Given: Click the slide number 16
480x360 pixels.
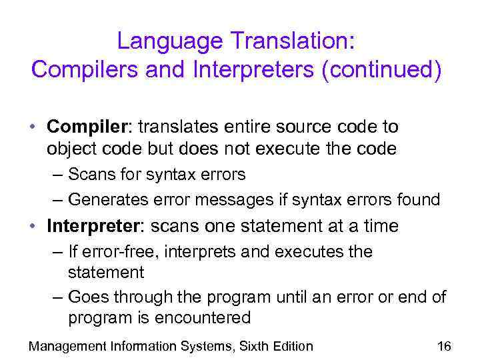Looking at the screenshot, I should click(x=444, y=346).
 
